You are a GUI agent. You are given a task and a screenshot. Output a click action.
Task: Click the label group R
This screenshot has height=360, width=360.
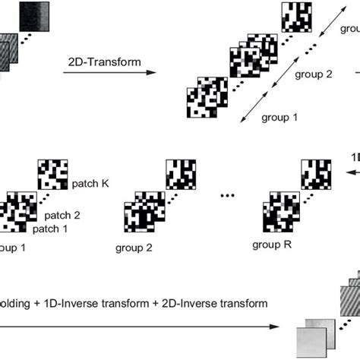tap(273, 245)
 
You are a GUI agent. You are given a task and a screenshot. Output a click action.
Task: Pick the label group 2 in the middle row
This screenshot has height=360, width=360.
tap(134, 248)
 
